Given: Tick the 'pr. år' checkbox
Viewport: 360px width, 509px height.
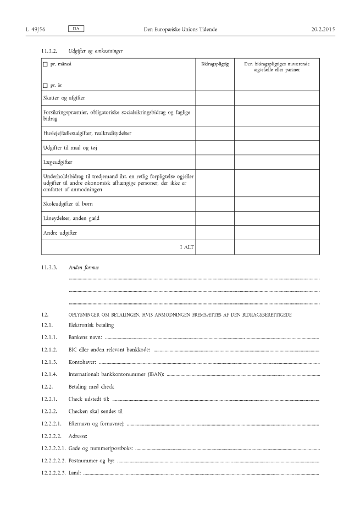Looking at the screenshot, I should click(x=45, y=86).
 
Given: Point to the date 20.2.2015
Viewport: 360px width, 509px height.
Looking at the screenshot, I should click(x=323, y=28).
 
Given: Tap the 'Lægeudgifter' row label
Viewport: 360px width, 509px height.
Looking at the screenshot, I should click(x=58, y=162).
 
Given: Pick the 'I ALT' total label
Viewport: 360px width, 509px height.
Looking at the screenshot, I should click(x=187, y=248).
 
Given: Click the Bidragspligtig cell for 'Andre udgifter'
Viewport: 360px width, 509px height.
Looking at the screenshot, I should click(x=215, y=233).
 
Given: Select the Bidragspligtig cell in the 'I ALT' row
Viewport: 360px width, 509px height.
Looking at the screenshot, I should click(x=215, y=248).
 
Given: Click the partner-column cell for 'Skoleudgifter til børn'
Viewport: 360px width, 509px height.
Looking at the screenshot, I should click(x=276, y=204).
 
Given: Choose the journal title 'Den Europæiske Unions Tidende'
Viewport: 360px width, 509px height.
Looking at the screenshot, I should click(x=179, y=28).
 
